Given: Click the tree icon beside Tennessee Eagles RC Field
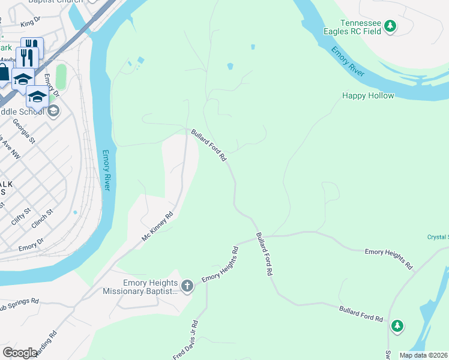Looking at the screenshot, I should coord(390,25).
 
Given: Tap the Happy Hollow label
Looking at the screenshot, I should coord(368,95).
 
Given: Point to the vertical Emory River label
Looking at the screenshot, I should coord(106,170).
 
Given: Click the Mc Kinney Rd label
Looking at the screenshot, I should coord(157,226).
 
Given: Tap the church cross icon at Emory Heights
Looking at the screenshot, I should coord(187,286).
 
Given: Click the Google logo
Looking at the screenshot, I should coord(20,353).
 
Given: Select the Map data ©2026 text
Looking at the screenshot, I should coord(423,355).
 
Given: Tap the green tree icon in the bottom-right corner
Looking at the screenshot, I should coord(397,326).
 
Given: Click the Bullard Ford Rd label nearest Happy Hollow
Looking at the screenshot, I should coord(208,145).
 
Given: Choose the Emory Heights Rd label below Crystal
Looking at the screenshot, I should coord(389,258).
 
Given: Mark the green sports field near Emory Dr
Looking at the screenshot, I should coord(61,77).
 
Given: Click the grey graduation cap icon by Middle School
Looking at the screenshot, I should coord(53,110).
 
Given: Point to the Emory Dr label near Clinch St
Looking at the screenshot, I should coord(31,244).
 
